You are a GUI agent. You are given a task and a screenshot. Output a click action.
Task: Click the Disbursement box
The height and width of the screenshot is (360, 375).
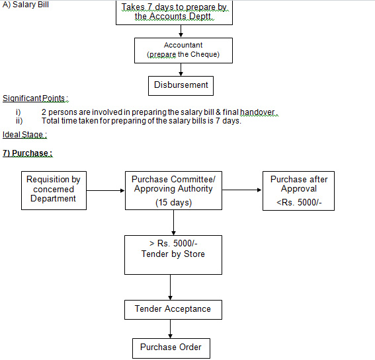181,86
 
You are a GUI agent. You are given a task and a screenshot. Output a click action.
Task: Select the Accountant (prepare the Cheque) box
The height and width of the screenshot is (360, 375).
183,50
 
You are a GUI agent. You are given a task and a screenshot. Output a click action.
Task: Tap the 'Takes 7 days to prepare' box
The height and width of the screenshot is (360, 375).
174,13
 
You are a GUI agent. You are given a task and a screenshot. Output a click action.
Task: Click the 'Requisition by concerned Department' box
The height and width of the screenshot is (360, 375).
54,190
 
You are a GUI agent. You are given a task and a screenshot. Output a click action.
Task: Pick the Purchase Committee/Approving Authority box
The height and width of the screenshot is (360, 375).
173,190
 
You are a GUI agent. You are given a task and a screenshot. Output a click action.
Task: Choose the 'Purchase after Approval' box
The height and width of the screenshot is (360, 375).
298,191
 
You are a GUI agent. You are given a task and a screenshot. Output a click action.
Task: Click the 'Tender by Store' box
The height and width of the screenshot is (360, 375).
173,255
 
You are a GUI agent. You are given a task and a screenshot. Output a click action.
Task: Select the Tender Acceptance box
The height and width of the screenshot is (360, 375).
173,310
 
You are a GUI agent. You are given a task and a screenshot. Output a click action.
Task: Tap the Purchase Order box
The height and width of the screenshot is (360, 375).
171,348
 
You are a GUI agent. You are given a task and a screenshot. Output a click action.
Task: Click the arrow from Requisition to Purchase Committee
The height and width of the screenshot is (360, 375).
105,190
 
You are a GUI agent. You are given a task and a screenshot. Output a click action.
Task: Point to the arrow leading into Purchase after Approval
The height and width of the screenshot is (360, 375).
242,190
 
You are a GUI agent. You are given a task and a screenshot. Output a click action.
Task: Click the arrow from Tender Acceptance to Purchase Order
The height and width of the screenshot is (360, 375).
170,329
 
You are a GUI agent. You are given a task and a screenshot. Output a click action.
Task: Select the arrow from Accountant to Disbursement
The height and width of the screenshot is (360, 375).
181,70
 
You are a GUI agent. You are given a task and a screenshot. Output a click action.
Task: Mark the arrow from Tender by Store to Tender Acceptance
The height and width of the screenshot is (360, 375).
170,287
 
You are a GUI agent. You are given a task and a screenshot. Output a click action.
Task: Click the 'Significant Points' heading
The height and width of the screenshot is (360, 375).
36,98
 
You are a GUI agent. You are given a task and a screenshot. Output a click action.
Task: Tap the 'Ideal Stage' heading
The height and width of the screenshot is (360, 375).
24,135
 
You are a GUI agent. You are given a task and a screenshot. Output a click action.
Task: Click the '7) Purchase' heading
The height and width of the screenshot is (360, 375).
28,153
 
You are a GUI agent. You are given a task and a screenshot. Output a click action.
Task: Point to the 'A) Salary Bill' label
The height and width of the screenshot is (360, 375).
26,5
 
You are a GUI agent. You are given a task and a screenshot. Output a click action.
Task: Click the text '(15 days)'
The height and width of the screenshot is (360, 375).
174,202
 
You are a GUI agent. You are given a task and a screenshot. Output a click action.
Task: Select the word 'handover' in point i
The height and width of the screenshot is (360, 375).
257,112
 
